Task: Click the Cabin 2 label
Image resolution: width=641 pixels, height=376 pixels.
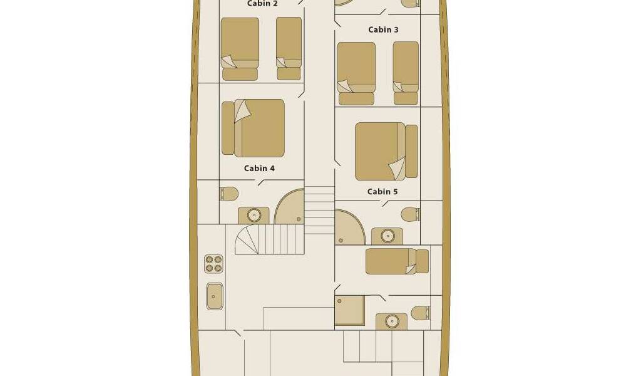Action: click(x=262, y=4)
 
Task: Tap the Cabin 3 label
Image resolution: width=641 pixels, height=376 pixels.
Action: click(x=383, y=29)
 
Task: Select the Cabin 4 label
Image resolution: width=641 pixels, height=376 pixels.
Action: click(x=259, y=168)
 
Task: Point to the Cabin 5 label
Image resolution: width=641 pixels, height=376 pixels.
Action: click(x=382, y=192)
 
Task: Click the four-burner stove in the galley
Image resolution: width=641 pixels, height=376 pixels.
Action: click(x=214, y=264)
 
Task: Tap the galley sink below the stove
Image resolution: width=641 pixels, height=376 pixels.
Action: click(x=215, y=296)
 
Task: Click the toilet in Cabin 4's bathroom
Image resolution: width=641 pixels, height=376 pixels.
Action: click(x=229, y=194)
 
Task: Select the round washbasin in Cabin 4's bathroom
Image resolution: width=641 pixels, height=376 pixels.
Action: click(x=254, y=215)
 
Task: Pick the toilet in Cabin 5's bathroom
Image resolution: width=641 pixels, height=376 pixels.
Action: click(x=411, y=214)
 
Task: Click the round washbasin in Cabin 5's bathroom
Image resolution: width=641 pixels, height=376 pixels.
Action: click(x=387, y=236)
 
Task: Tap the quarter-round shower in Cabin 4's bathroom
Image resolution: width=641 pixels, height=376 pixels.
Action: click(x=289, y=206)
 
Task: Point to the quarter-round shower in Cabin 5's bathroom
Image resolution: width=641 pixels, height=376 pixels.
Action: click(x=350, y=227)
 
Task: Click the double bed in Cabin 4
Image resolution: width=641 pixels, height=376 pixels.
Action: click(x=253, y=128)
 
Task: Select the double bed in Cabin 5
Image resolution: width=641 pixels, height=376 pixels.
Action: click(x=386, y=152)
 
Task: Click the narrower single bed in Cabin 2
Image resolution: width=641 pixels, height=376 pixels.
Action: click(x=289, y=48)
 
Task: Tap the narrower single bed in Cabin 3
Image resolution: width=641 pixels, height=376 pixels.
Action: click(x=406, y=73)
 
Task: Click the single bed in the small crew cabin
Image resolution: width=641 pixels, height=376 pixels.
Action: click(x=397, y=261)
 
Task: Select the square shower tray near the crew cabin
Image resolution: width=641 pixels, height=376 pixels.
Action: click(x=349, y=311)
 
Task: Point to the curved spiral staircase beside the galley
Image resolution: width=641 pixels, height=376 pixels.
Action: click(x=270, y=239)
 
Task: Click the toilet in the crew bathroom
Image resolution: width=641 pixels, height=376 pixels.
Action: click(x=420, y=313)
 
